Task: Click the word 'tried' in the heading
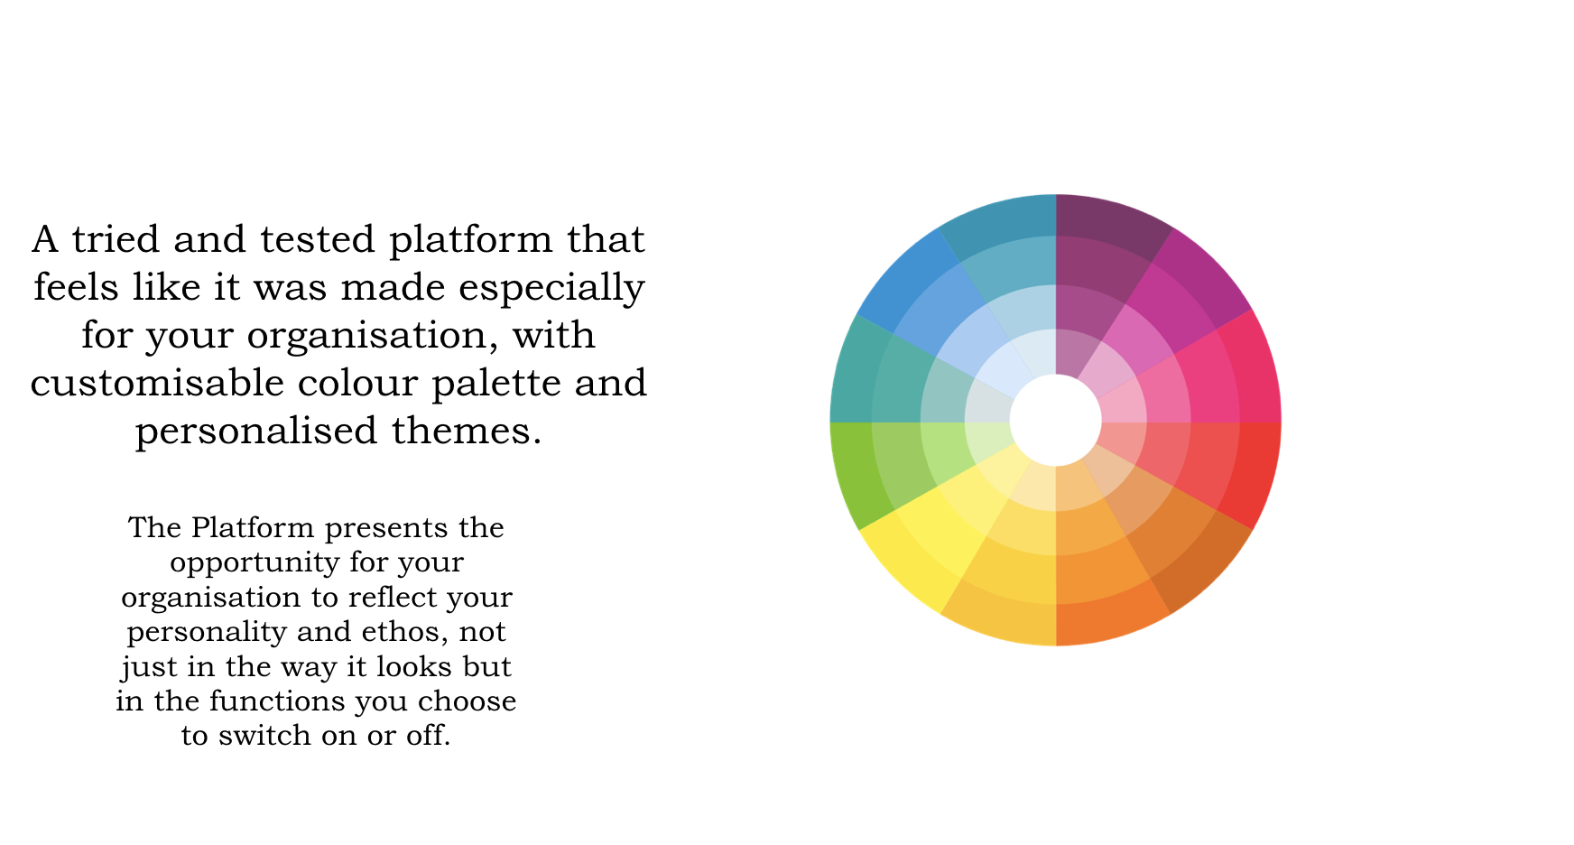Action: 115,239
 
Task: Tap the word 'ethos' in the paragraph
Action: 406,632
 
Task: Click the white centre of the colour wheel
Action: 1055,420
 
